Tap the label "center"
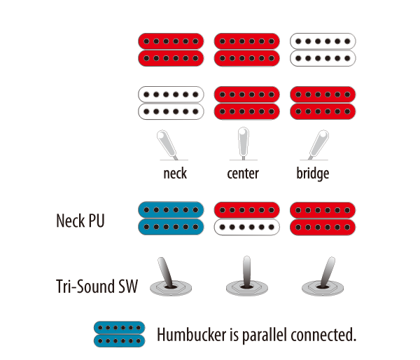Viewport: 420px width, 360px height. [x=243, y=173]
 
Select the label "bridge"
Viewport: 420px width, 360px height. [x=313, y=173]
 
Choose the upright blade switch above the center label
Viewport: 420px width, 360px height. [x=243, y=143]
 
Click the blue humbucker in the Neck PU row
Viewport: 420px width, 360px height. [x=171, y=219]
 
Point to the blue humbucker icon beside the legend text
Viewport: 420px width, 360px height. [x=120, y=333]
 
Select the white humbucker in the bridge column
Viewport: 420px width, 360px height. [x=321, y=48]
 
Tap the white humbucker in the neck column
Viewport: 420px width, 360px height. [x=171, y=102]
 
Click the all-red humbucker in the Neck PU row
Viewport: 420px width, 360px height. [x=321, y=219]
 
